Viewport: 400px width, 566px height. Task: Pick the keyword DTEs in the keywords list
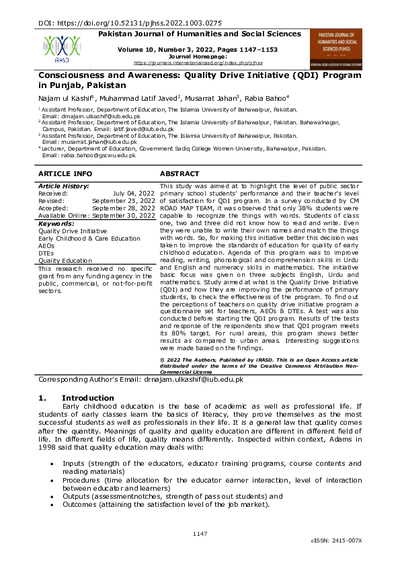coord(46,252)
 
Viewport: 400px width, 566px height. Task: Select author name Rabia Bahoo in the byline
coord(269,97)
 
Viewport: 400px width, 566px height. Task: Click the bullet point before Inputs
coord(52,464)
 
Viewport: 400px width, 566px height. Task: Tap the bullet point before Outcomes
coord(52,504)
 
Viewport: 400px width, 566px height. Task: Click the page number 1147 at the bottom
coord(200,533)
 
